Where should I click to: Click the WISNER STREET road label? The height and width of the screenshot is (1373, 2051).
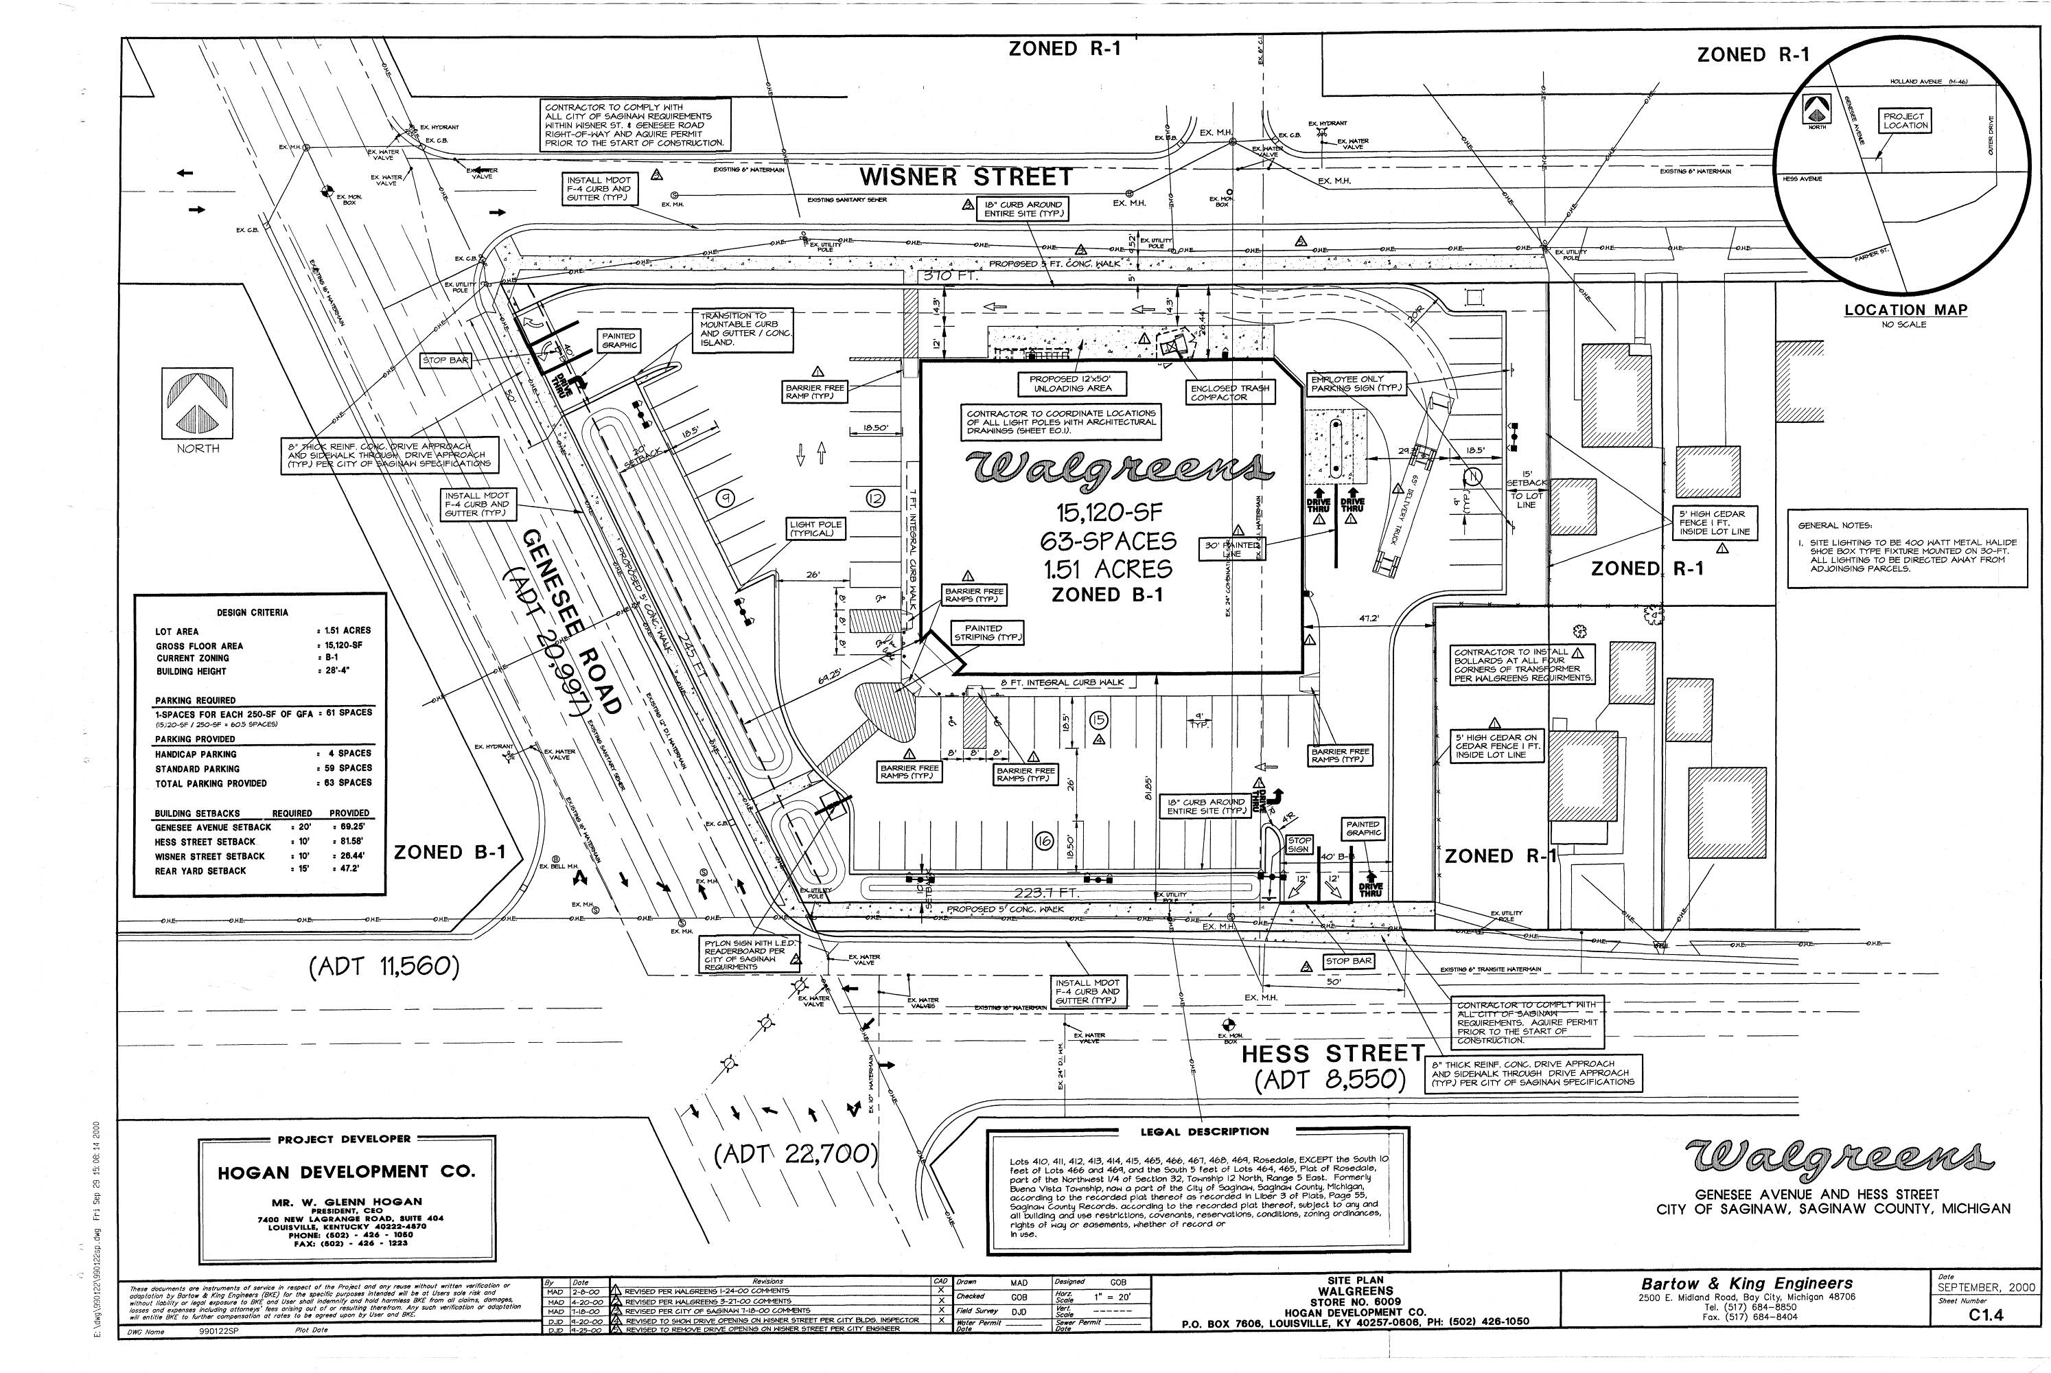coord(966,177)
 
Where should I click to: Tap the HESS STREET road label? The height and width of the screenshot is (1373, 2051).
coord(1332,1053)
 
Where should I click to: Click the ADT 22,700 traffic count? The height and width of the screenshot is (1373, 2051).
coord(795,1154)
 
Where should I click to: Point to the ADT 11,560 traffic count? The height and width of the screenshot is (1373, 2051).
coord(384,967)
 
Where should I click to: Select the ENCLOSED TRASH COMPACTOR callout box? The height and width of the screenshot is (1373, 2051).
coord(1230,392)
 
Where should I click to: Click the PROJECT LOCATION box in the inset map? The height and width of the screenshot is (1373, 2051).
coord(1904,121)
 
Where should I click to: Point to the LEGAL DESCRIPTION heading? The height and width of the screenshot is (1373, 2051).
coord(1204,1131)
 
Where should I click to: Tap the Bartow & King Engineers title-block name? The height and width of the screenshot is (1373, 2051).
coord(1746,1284)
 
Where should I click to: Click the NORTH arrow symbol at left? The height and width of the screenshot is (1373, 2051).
coord(197,403)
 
